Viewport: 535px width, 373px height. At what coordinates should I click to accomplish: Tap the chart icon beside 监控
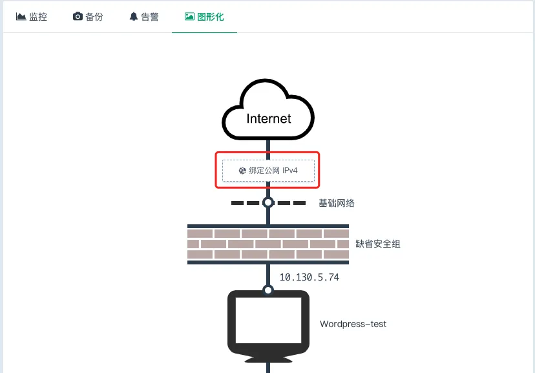click(x=21, y=16)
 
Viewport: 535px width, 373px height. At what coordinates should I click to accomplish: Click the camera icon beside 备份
click(x=78, y=16)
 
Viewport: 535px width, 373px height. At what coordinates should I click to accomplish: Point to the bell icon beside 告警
click(x=134, y=16)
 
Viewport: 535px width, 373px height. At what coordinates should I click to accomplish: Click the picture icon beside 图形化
click(x=190, y=16)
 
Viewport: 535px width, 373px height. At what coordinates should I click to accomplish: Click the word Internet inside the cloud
click(x=269, y=118)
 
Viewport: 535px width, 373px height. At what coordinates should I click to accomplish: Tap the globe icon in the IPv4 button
click(x=242, y=171)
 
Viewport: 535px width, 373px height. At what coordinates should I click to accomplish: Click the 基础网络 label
click(x=337, y=203)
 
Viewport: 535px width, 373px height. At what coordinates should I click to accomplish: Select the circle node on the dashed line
click(x=268, y=203)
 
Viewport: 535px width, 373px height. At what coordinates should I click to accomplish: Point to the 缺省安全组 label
click(x=378, y=244)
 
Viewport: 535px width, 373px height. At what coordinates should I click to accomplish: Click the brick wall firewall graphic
click(x=268, y=244)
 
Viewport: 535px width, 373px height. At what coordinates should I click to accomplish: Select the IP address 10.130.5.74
click(x=309, y=277)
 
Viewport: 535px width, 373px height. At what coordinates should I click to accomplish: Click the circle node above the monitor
click(x=268, y=290)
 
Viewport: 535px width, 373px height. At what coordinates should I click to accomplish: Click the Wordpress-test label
click(x=353, y=324)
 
